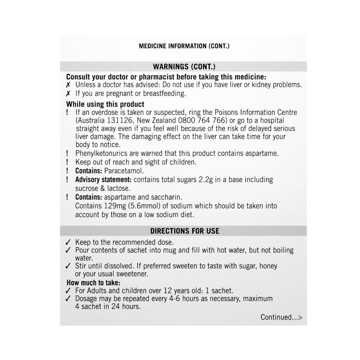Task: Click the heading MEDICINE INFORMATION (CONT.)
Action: pos(184,46)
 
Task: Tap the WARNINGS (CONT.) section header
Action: pos(184,67)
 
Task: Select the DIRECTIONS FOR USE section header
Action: pos(184,231)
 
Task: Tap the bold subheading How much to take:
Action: pos(93,283)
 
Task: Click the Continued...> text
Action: pos(281,317)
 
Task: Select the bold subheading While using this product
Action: pos(105,104)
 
